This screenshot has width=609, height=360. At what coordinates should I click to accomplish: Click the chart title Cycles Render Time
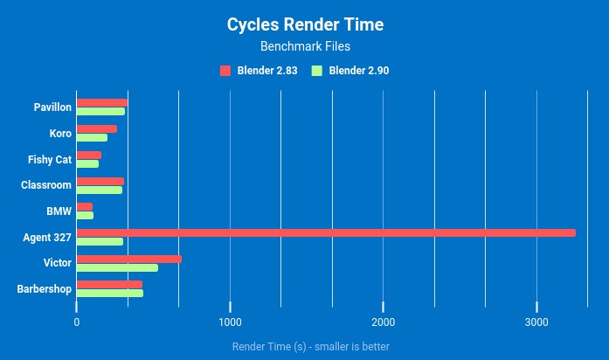[x=305, y=24]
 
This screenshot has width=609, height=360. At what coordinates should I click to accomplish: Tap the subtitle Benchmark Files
[x=305, y=45]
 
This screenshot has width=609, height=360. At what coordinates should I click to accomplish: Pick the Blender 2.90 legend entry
[x=351, y=71]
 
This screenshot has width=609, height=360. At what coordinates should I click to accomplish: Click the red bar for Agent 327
[x=326, y=232]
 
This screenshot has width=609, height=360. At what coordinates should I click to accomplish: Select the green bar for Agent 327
[x=100, y=241]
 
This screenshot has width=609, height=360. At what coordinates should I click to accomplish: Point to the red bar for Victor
[x=128, y=259]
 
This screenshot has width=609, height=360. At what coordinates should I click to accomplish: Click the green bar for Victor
[x=117, y=267]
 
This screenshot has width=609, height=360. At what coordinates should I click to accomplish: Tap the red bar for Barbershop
[x=109, y=285]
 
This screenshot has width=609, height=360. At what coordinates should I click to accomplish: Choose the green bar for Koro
[x=92, y=137]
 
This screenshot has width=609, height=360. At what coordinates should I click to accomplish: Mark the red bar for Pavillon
[x=101, y=103]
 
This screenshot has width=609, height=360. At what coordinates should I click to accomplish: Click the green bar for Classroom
[x=100, y=190]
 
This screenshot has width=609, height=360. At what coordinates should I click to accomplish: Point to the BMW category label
[x=59, y=211]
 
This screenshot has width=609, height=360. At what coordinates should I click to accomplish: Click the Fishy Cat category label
[x=50, y=159]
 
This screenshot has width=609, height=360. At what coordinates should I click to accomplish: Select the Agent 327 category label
[x=47, y=237]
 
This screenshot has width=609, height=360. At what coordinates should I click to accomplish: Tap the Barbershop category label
[x=44, y=288]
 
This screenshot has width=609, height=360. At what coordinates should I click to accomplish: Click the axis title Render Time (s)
[x=310, y=346]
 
